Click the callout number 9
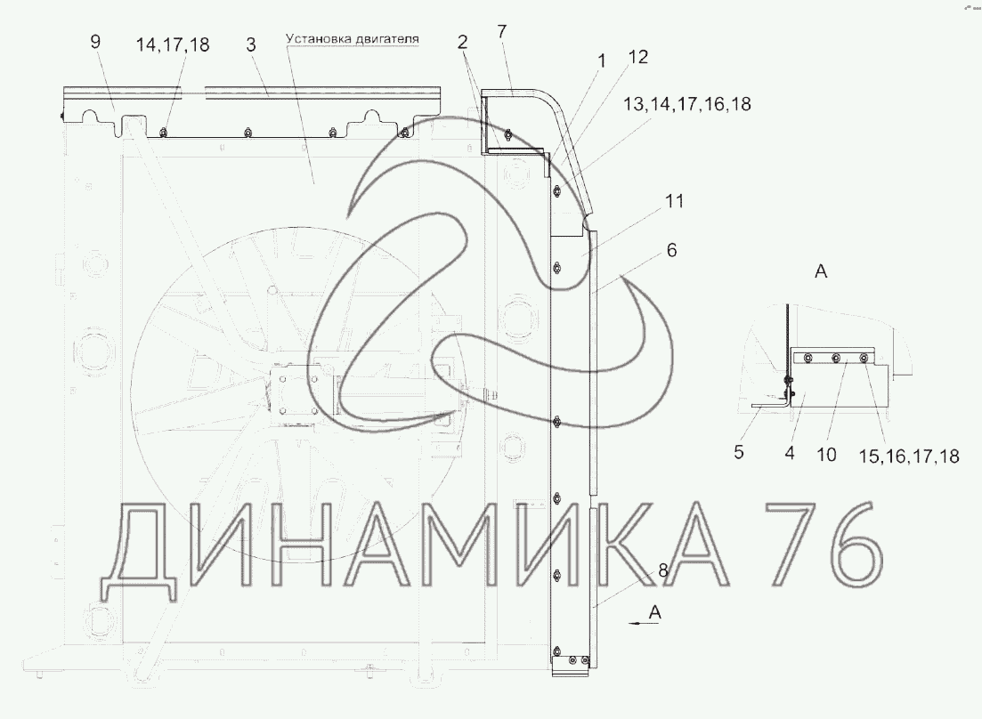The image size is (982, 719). point(95,42)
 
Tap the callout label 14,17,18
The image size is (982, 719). point(173,45)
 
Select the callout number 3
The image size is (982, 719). point(251,44)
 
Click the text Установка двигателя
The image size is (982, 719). point(353,39)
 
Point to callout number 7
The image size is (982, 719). point(501,31)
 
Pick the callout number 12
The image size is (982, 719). point(637,57)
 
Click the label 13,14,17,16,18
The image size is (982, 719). point(687,104)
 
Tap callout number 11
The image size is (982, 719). point(674,201)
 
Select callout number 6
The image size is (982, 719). point(672,250)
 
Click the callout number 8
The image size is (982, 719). point(663,570)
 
